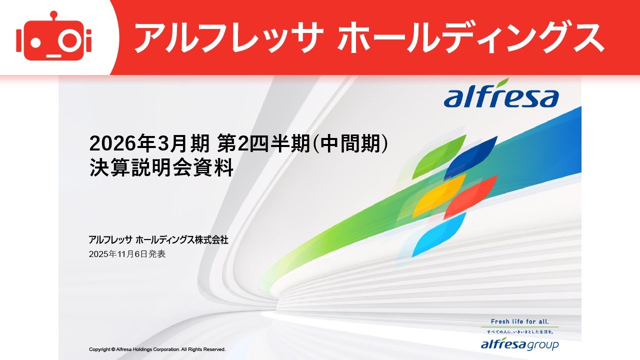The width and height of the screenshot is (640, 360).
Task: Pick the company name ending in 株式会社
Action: [x=158, y=240]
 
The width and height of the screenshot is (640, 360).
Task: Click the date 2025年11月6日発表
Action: [x=127, y=254]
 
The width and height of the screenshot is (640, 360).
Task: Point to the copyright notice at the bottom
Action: [x=157, y=349]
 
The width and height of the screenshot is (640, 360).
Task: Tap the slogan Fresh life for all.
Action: [x=519, y=321]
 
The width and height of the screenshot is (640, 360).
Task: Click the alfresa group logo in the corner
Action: [x=519, y=344]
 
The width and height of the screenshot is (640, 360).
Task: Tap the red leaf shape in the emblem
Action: [x=470, y=196]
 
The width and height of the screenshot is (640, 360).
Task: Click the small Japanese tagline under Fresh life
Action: [x=519, y=331]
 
